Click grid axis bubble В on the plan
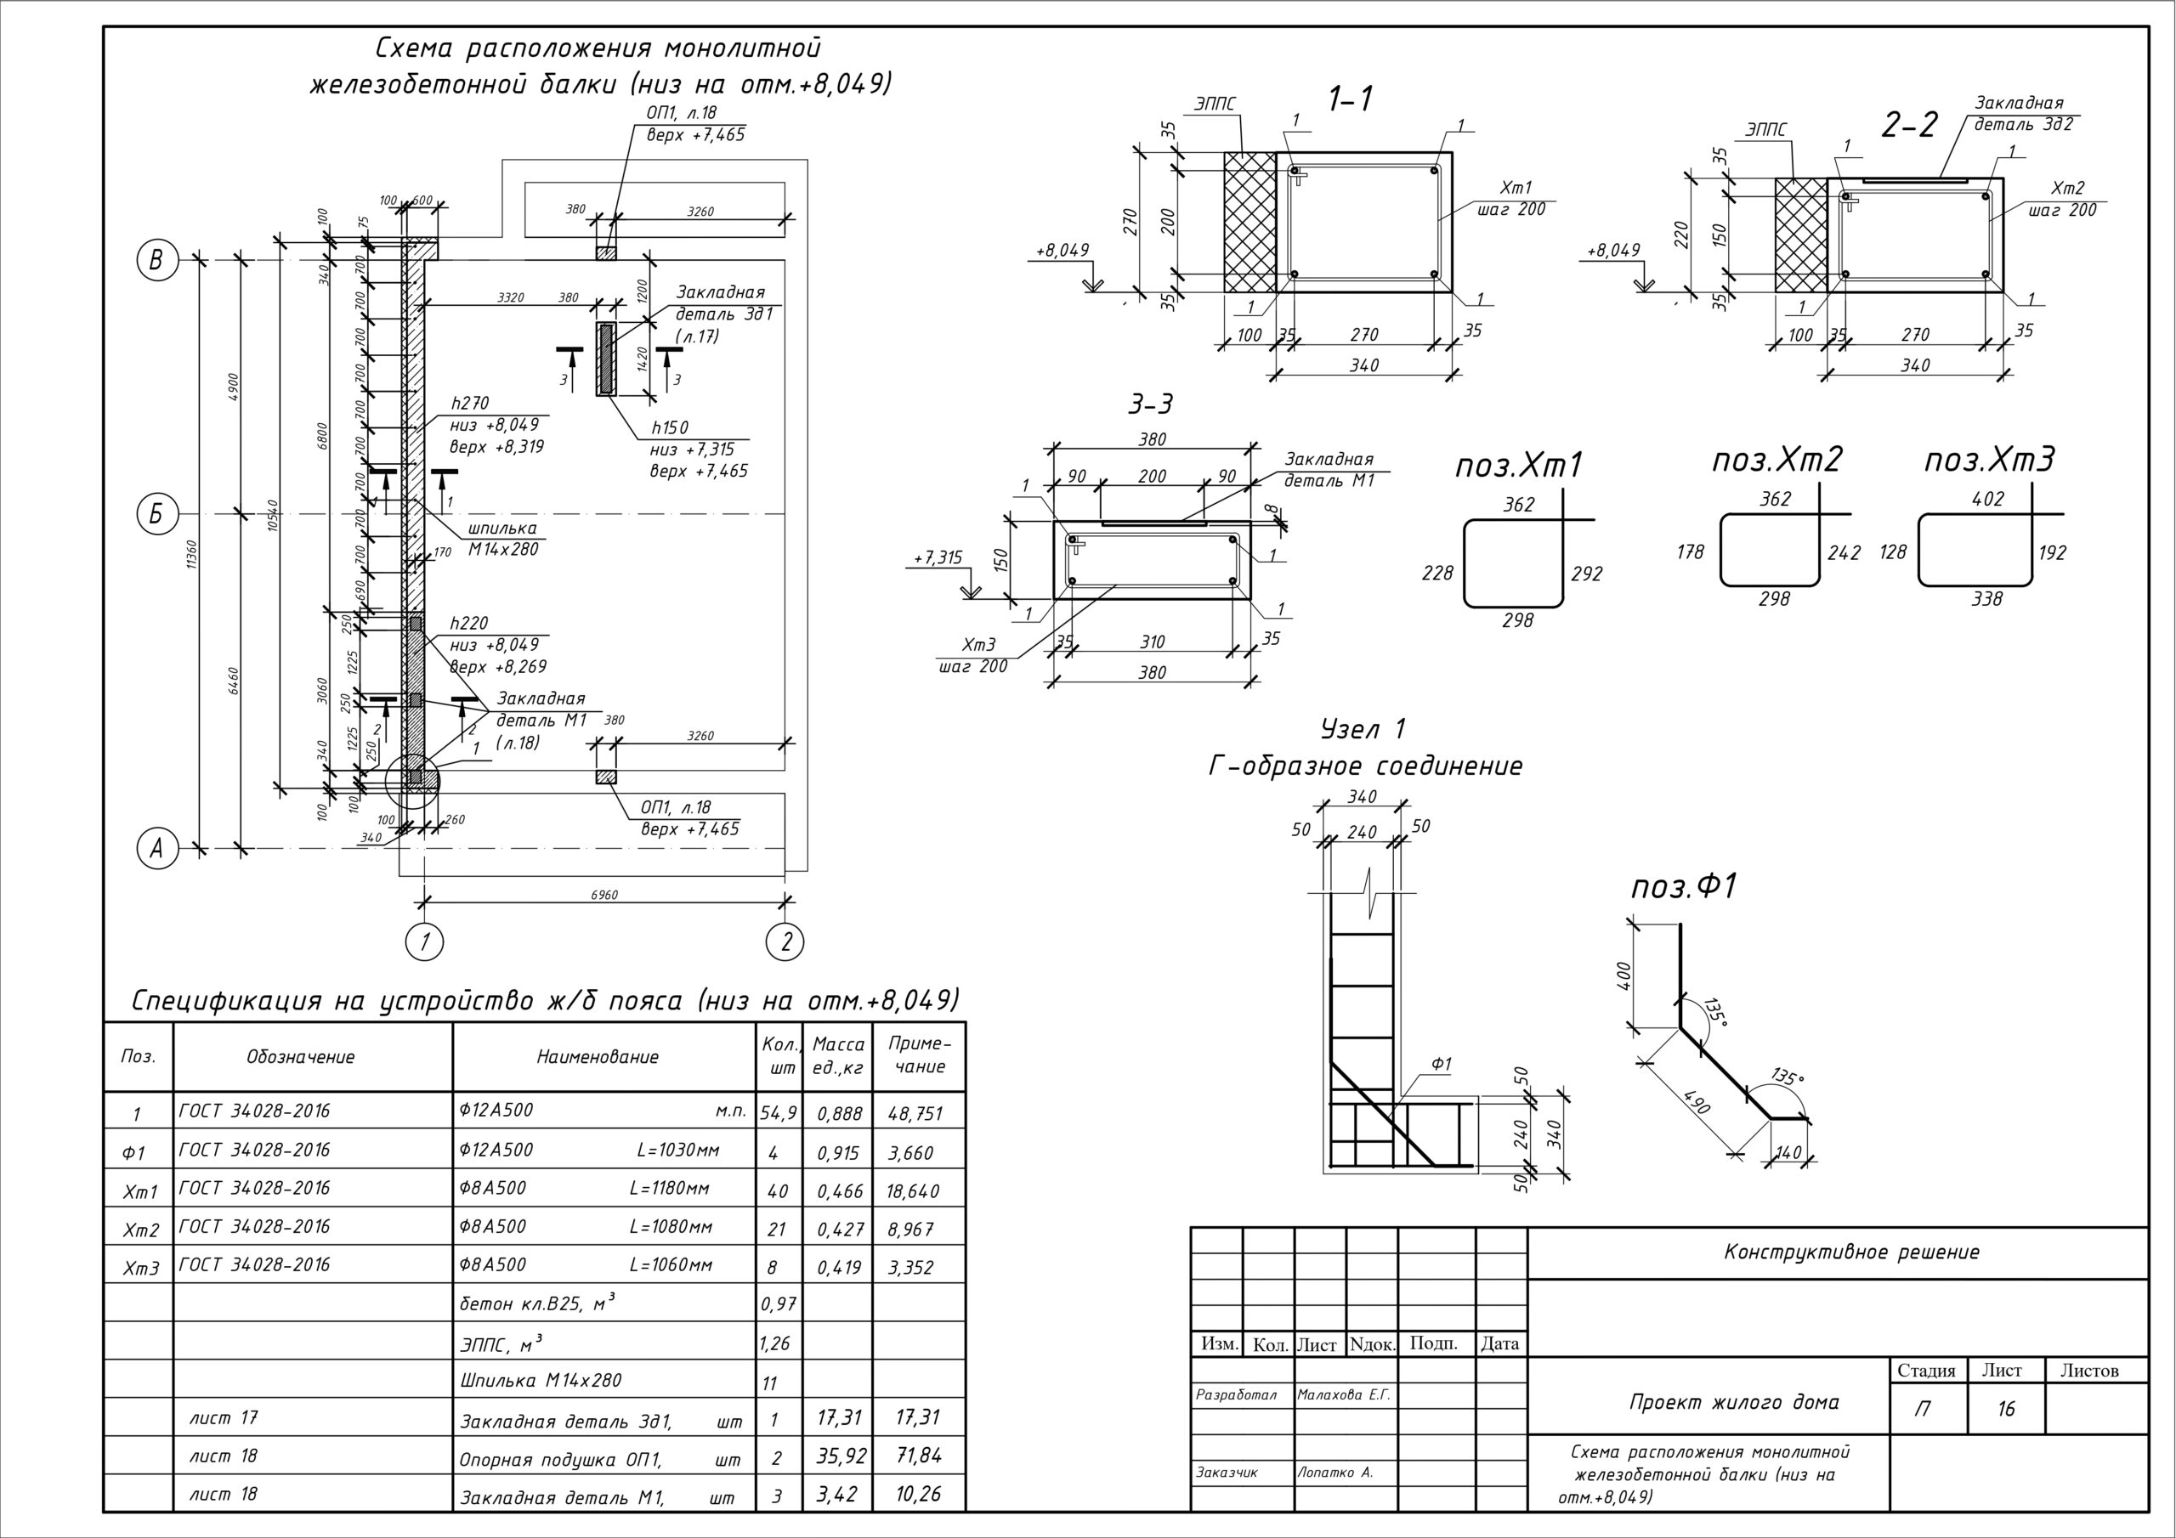[157, 260]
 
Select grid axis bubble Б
[157, 515]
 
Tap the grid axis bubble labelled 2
[785, 942]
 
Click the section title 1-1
[1351, 99]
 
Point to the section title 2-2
[1909, 125]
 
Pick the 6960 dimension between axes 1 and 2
[603, 895]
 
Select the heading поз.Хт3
[1989, 461]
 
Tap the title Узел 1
[1363, 729]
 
